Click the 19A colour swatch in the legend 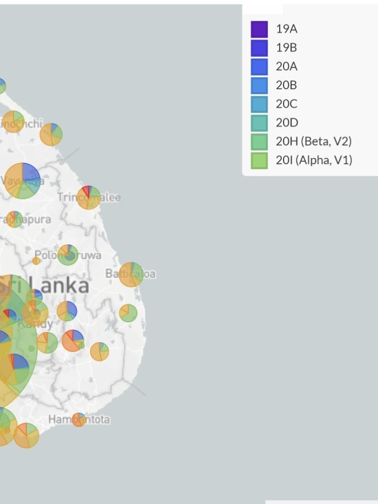259,29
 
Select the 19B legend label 286,47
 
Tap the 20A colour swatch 259,66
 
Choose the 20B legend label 286,85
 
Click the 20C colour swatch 259,104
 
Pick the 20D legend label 287,122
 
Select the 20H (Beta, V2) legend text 313,141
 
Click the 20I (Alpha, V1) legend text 314,160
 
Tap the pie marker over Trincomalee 89,197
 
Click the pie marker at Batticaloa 131,274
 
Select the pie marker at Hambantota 79,419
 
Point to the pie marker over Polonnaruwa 68,254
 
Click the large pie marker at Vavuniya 23,181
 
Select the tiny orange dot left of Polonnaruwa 36,261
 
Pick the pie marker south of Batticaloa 128,313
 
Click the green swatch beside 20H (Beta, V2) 259,141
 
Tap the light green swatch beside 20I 259,160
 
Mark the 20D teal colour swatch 259,122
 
